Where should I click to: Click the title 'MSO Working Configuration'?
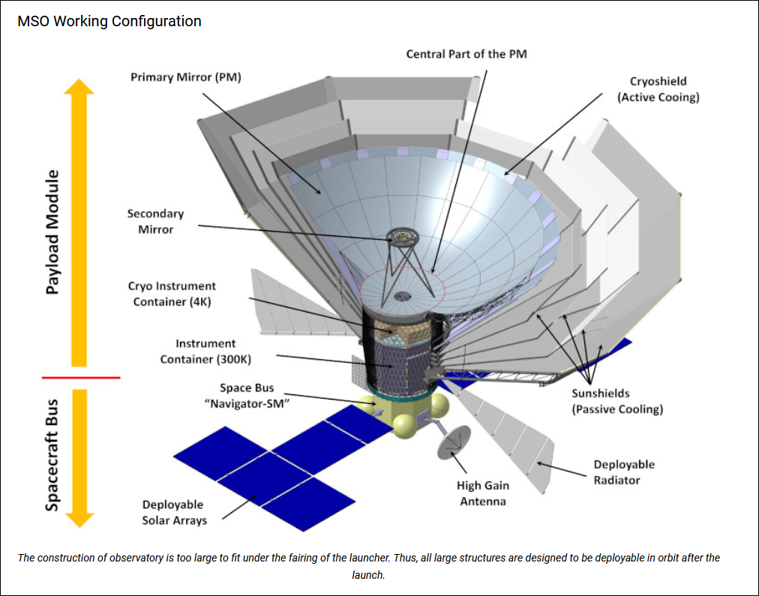point(109,21)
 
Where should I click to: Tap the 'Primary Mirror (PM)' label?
point(186,77)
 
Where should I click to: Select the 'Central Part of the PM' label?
point(466,54)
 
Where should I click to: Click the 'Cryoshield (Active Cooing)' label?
point(658,89)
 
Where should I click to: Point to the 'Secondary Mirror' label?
point(155,221)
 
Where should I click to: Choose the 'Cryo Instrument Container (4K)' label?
point(172,294)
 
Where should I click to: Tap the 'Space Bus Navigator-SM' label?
point(247,396)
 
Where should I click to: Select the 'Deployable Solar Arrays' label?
point(174,512)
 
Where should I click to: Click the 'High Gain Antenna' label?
point(483,493)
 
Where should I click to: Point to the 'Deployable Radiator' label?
point(624,472)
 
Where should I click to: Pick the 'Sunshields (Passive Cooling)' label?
point(617,401)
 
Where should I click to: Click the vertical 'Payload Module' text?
point(52,232)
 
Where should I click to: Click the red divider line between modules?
point(81,377)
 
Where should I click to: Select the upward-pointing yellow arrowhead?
point(79,87)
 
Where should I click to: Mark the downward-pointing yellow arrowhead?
point(79,518)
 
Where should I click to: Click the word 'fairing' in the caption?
point(422,558)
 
